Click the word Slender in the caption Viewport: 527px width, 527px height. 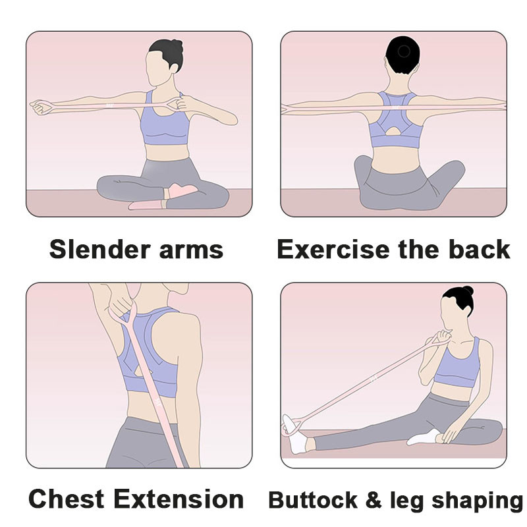tap(100, 250)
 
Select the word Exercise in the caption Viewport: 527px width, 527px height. tap(333, 250)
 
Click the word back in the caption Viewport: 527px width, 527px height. tap(480, 249)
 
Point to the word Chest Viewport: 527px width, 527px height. tap(67, 499)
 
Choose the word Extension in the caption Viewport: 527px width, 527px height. tap(179, 499)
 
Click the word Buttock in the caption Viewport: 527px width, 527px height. tap(313, 500)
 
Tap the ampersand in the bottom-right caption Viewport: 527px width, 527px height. tap(374, 500)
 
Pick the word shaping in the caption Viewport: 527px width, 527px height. tap(477, 501)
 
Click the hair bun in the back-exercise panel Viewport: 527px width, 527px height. tap(403, 51)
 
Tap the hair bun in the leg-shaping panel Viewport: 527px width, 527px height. tap(468, 291)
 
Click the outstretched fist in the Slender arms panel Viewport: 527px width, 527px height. tap(40, 107)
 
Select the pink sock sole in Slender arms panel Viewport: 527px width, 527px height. tap(182, 190)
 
